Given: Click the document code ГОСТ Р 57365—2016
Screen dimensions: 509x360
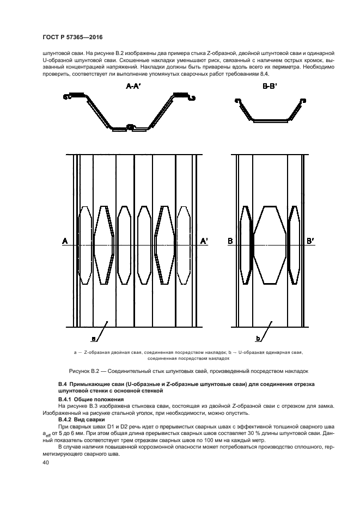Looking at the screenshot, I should (x=72, y=37).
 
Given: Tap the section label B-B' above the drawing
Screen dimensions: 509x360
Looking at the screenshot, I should (x=269, y=86).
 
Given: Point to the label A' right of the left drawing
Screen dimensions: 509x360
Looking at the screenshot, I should (x=204, y=241).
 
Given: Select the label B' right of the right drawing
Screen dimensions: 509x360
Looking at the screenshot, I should (x=311, y=241).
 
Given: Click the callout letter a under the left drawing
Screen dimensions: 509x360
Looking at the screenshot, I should (x=93, y=339).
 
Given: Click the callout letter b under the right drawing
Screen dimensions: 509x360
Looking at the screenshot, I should (x=258, y=339).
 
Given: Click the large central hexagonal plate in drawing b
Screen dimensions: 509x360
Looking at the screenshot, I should (x=270, y=245).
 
